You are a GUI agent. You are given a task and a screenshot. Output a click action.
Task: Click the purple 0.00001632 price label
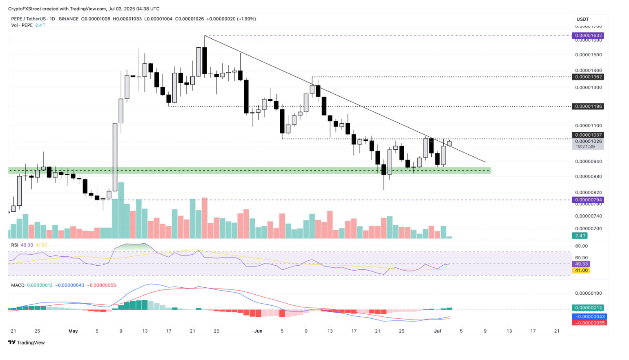tap(589, 36)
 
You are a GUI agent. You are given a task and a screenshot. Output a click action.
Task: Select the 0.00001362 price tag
tap(589, 77)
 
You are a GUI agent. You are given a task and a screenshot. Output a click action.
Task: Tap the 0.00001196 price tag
tap(589, 106)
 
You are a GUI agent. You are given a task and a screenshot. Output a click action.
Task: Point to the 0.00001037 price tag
tap(589, 135)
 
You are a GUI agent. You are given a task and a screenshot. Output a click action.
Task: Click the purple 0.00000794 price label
tap(589, 200)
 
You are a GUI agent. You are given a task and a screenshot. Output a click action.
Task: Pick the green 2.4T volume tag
tap(580, 236)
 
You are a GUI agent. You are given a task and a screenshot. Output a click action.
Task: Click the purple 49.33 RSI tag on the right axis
tap(581, 264)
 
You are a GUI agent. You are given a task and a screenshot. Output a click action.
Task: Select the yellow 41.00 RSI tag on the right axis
tap(581, 270)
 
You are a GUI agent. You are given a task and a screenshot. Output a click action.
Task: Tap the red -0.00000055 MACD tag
tap(590, 323)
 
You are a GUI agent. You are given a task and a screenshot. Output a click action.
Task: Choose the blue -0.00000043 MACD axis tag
tap(590, 317)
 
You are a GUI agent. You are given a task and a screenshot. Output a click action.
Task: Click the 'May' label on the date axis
tap(73, 331)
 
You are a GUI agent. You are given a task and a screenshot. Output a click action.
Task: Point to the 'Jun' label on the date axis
tap(258, 331)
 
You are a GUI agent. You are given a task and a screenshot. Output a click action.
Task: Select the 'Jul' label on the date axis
tap(437, 331)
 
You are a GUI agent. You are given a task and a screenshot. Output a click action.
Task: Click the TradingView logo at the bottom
tap(27, 343)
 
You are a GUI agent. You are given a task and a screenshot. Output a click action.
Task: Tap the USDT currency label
tap(582, 19)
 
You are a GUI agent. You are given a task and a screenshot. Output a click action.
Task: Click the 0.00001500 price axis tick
tap(588, 55)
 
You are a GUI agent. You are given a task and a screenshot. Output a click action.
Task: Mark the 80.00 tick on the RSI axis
tap(581, 246)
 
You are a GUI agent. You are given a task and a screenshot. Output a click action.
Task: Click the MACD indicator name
tap(18, 285)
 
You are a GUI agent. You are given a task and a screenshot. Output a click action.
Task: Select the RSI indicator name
tap(15, 245)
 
